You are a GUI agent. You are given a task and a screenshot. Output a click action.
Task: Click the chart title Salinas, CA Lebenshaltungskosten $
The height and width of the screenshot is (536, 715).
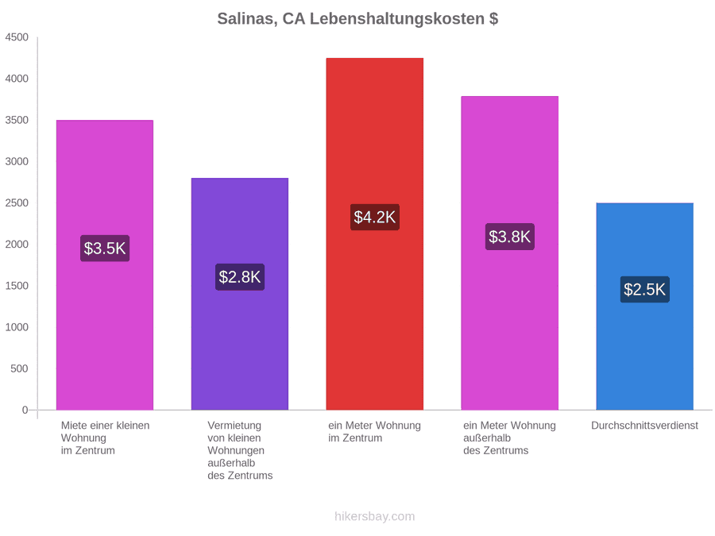tap(357, 19)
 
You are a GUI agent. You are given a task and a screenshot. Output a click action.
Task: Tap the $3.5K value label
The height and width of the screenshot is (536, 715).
tap(105, 249)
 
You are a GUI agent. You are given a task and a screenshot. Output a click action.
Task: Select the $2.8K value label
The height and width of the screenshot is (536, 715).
tap(240, 276)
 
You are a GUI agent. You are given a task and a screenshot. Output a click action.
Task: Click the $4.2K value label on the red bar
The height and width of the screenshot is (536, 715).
tap(375, 217)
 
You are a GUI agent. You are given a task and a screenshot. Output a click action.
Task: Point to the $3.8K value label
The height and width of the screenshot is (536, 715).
tap(510, 237)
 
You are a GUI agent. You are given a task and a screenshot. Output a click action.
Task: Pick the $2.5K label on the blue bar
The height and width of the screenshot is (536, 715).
tap(645, 289)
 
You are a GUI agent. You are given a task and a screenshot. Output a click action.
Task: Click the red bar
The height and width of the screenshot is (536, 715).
tap(375, 233)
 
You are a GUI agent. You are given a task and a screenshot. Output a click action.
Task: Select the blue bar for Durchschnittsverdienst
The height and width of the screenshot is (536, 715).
tap(645, 307)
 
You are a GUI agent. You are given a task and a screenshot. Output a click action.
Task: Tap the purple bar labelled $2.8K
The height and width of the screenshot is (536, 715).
tap(240, 294)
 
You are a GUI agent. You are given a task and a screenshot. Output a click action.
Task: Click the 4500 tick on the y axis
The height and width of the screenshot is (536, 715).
tap(17, 37)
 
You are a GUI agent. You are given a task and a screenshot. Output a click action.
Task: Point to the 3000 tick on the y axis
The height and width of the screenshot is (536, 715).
tap(17, 161)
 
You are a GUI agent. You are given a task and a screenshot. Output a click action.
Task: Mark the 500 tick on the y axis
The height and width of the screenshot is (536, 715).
tap(20, 368)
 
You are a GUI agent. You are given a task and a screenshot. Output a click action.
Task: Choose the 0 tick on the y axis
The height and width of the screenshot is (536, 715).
tap(25, 410)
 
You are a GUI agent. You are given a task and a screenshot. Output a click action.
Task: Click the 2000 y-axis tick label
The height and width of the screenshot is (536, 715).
tap(17, 245)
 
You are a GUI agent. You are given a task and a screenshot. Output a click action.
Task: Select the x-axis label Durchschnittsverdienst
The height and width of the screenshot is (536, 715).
tap(645, 426)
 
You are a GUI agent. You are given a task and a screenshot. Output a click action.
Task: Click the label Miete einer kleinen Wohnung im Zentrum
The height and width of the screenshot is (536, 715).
tap(106, 438)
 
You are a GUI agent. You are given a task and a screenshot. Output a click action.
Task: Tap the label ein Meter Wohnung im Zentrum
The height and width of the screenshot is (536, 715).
tap(374, 432)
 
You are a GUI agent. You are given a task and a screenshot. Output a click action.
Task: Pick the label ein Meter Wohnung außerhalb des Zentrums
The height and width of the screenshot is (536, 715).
tap(509, 438)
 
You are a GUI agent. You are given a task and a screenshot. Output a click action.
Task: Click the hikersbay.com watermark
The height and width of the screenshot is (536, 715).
tap(375, 516)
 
